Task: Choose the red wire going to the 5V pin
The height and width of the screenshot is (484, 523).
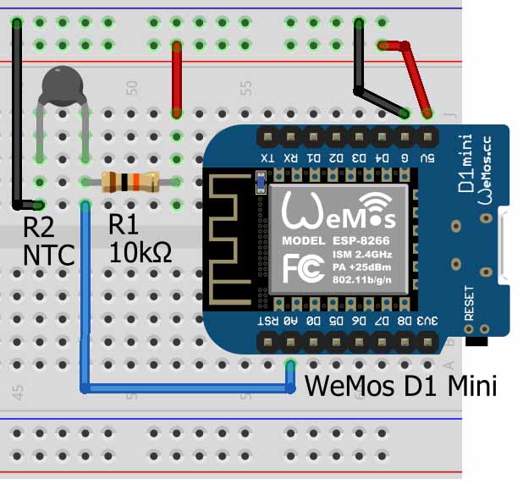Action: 415,76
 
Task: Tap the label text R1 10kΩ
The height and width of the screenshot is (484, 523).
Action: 140,239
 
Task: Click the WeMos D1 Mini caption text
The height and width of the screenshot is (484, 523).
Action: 399,385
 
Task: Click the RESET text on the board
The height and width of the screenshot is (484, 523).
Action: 470,300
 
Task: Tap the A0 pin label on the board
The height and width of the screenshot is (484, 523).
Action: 291,322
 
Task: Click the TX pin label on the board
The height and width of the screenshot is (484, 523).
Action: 267,157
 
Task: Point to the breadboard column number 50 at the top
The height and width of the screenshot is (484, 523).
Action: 131,87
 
